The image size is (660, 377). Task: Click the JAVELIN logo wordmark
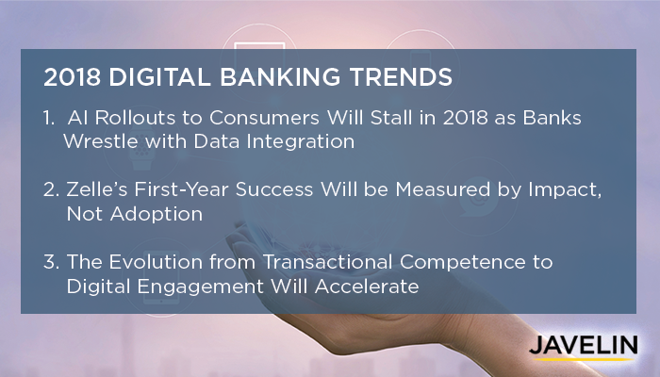point(584,346)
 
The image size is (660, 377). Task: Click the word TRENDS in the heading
point(401,77)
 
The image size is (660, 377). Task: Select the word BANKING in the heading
point(280,77)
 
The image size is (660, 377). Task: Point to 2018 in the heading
point(72,77)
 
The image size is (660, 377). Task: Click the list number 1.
point(49,118)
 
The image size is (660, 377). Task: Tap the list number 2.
point(51,189)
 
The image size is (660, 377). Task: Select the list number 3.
point(51,262)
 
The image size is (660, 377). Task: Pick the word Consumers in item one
point(264,118)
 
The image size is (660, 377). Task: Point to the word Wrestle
point(100,141)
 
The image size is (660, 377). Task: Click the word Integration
point(301,142)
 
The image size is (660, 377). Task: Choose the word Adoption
point(157,215)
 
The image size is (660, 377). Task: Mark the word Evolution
point(156,262)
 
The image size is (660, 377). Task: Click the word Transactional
point(328,262)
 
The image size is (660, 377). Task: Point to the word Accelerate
point(367,287)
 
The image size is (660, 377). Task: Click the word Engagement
point(200,287)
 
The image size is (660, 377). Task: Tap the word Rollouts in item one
point(135,118)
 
